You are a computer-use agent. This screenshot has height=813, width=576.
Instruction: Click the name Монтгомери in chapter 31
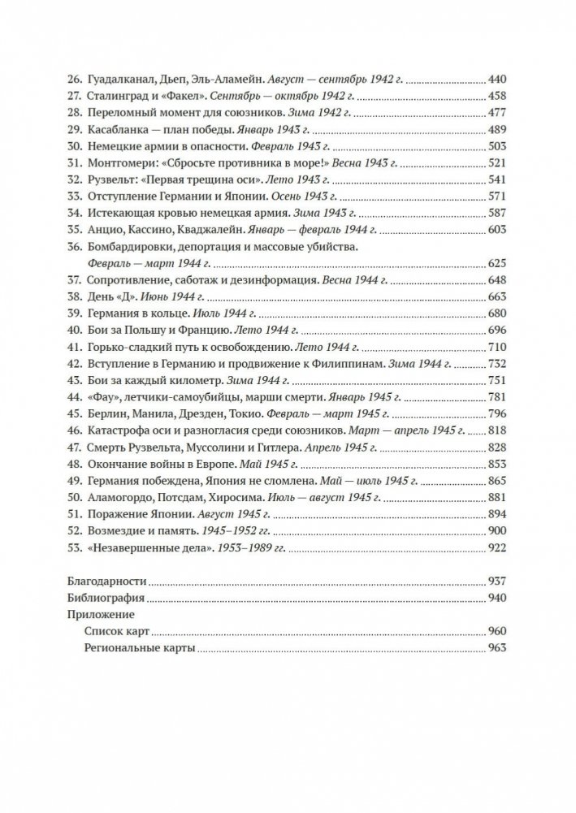pos(121,163)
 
